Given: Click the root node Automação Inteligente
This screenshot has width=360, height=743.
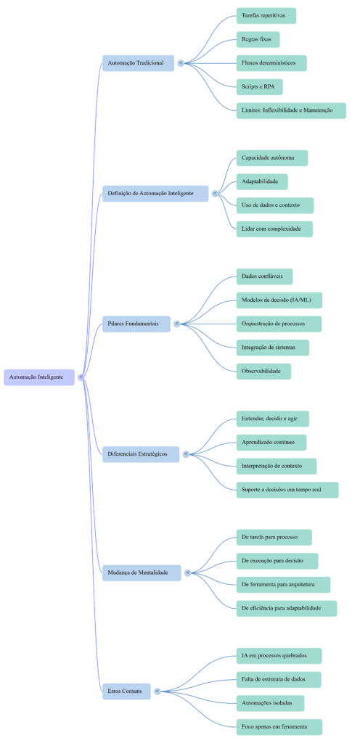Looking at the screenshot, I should point(41,377).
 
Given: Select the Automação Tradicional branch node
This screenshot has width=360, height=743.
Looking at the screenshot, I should point(137,63).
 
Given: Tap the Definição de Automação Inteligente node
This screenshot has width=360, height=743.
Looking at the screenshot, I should point(155,194).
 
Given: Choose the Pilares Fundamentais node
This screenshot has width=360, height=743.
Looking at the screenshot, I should point(136,324).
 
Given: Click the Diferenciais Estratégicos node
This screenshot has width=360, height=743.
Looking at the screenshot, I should point(140,454).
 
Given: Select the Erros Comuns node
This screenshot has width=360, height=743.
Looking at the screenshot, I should point(126,691).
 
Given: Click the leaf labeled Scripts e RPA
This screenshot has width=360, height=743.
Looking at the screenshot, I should point(259,87).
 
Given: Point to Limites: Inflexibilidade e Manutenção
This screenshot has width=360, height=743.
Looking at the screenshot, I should point(291,110).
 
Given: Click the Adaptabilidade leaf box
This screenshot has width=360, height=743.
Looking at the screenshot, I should point(262,181).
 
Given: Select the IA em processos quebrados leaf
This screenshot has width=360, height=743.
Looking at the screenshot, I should point(279,655).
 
